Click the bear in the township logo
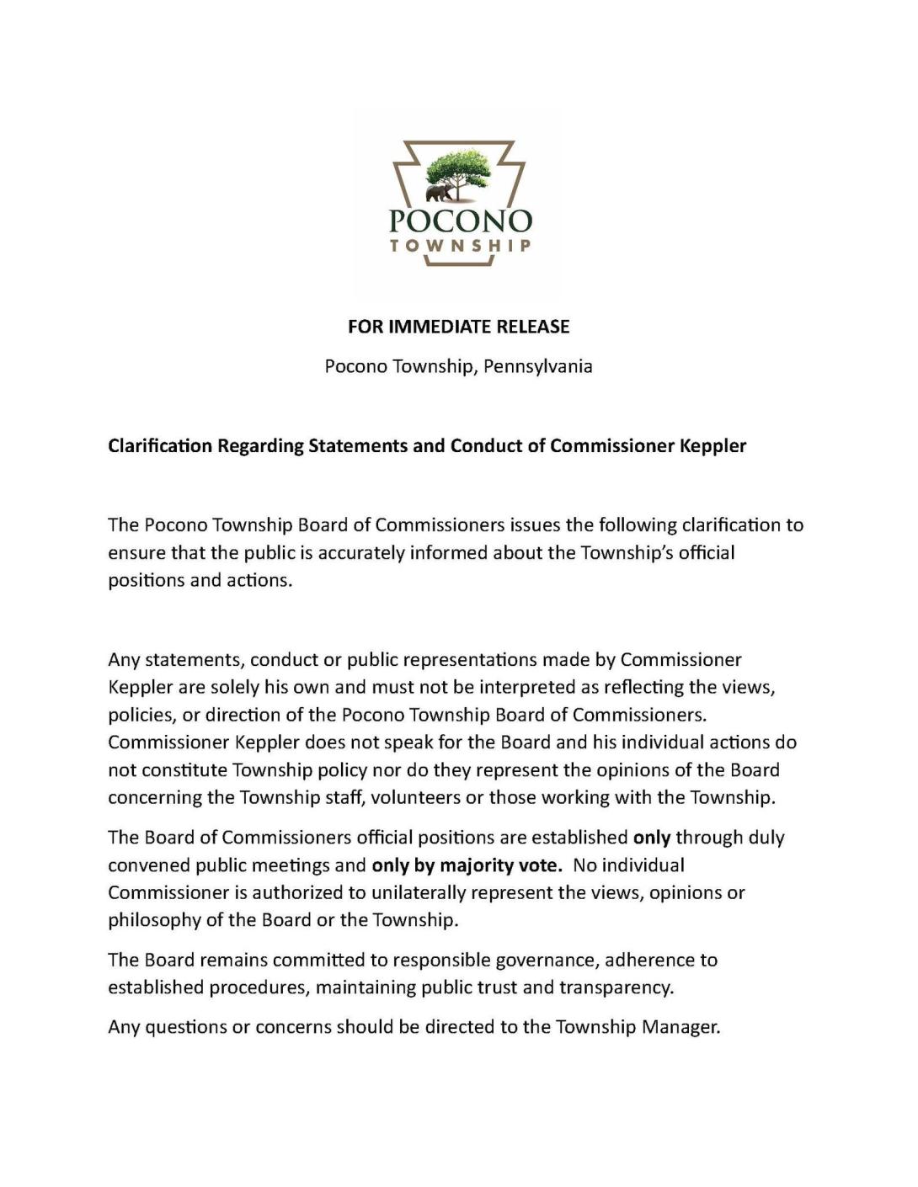(x=437, y=194)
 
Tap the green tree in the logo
(x=459, y=168)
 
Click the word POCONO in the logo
(x=460, y=221)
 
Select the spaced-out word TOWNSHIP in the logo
(x=460, y=246)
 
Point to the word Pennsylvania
(x=537, y=366)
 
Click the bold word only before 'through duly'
(x=651, y=838)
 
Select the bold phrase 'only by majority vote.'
(x=467, y=865)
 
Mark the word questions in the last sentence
(x=185, y=1028)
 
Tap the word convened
(x=140, y=865)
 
